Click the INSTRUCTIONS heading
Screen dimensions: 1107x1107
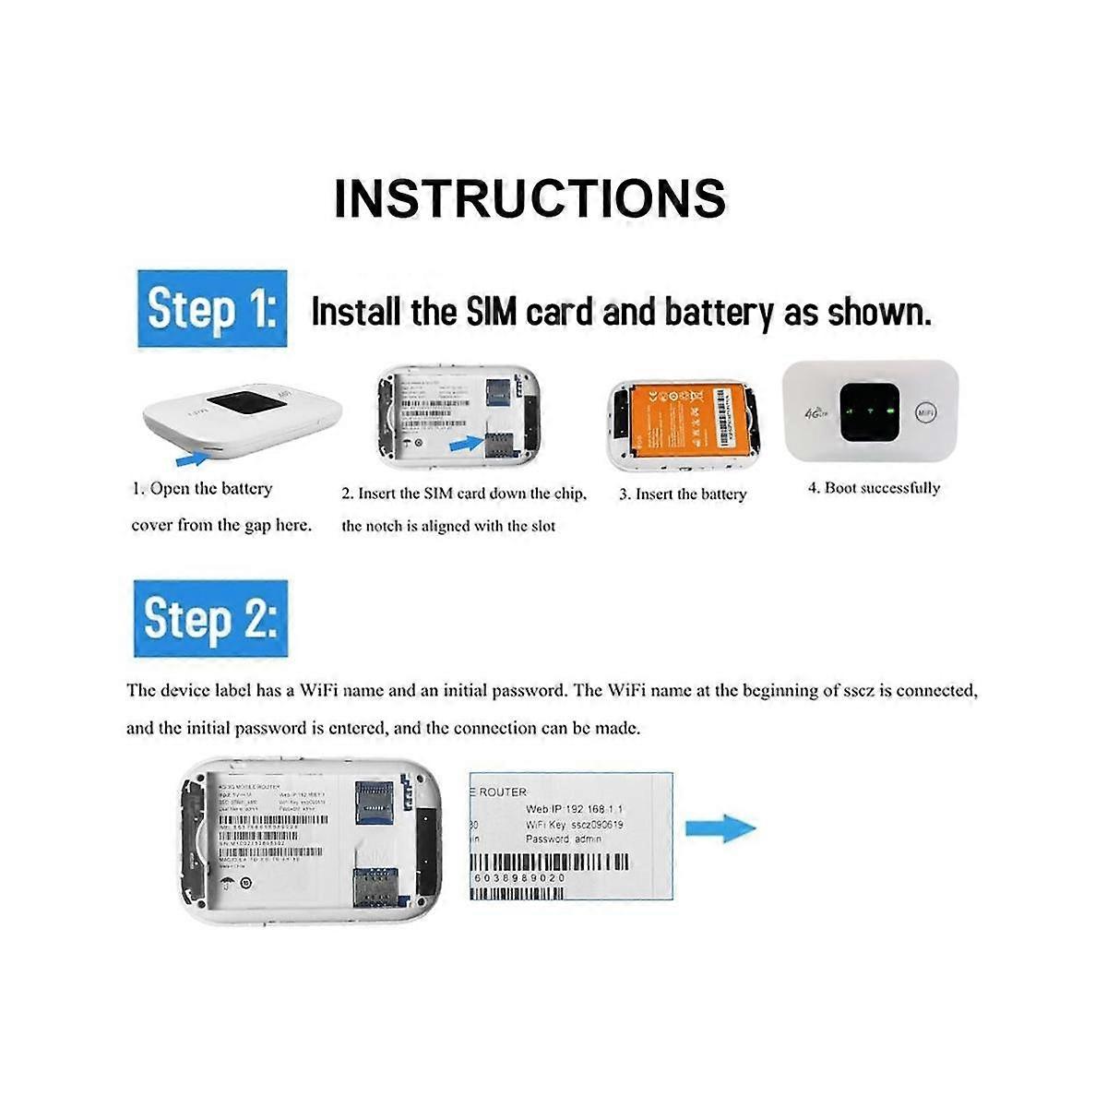530,198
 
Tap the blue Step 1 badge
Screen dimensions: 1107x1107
211,309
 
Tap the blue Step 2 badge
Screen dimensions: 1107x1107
210,619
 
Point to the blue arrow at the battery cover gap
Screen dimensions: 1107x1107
191,457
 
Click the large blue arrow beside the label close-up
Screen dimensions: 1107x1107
720,827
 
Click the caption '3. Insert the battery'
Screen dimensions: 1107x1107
682,494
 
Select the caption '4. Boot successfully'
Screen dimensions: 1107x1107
874,488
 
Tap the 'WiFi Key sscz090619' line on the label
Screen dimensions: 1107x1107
574,824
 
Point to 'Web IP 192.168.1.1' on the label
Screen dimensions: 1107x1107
574,809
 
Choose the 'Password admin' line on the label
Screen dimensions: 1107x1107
563,839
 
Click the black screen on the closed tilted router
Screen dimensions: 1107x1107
238,406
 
